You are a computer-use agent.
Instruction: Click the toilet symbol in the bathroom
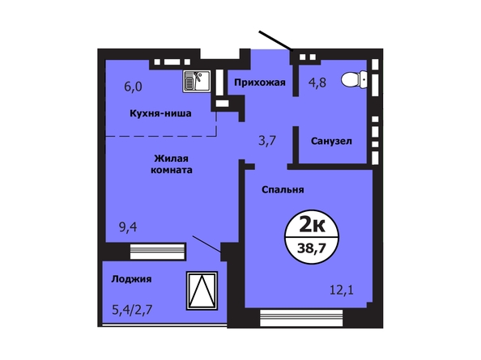pyautogui.click(x=354, y=79)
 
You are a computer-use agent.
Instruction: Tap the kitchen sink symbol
pyautogui.click(x=197, y=81)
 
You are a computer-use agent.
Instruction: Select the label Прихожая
pyautogui.click(x=260, y=83)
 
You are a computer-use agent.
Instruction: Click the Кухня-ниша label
pyautogui.click(x=160, y=113)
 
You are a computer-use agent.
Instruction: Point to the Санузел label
pyautogui.click(x=331, y=141)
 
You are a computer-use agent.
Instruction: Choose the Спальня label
pyautogui.click(x=283, y=189)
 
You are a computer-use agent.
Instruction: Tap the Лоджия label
pyautogui.click(x=131, y=279)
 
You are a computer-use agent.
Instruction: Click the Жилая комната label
pyautogui.click(x=172, y=164)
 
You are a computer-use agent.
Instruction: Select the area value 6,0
pyautogui.click(x=133, y=87)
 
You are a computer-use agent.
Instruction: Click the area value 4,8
pyautogui.click(x=317, y=83)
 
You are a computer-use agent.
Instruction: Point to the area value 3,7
pyautogui.click(x=267, y=141)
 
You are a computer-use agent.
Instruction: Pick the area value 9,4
pyautogui.click(x=128, y=227)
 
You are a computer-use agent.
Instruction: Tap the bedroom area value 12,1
pyautogui.click(x=342, y=290)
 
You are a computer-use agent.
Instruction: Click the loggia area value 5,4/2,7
pyautogui.click(x=132, y=310)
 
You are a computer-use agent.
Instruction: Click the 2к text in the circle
pyautogui.click(x=312, y=226)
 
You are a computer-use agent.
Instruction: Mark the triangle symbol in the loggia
pyautogui.click(x=202, y=290)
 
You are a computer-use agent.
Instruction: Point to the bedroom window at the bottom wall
pyautogui.click(x=301, y=318)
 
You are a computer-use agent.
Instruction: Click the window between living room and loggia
pyautogui.click(x=158, y=252)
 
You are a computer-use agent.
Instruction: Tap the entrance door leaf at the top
pyautogui.click(x=275, y=40)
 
